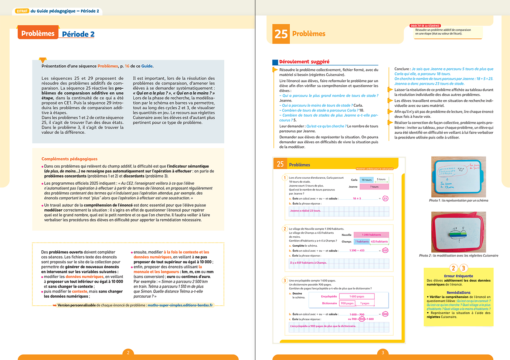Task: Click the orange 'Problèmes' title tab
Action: pos(38,33)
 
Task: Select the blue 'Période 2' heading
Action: pos(78,34)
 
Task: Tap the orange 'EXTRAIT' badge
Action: pos(22,11)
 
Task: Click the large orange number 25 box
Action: pos(281,34)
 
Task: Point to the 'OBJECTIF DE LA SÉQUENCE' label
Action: pos(425,26)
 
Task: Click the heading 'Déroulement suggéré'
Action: pos(304,62)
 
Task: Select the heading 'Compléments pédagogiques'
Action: pos(69,159)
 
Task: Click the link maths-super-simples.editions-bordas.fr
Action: pos(180,305)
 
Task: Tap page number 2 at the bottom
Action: pos(128,353)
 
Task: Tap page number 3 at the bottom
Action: pos(383,353)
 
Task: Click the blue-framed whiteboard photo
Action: pos(458,176)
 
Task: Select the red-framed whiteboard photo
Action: pos(458,232)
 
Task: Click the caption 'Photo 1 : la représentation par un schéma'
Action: pos(458,200)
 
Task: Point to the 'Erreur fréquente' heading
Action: pos(458,276)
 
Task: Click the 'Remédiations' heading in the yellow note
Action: pos(458,292)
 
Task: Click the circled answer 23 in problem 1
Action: pos(385,198)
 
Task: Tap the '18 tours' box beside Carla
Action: pos(367,180)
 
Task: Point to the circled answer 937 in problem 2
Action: pos(385,250)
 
